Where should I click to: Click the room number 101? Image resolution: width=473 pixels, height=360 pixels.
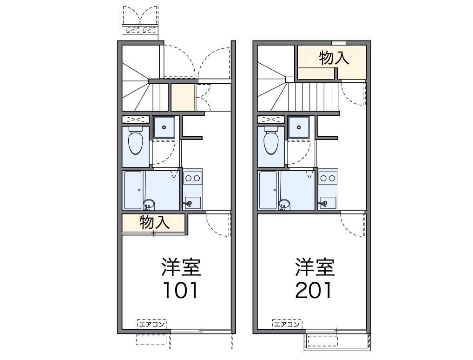click(180, 290)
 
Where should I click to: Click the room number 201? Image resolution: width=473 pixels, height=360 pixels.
click(314, 290)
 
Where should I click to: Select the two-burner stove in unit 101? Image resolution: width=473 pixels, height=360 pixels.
click(193, 178)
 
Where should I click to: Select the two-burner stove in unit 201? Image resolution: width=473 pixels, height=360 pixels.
click(328, 178)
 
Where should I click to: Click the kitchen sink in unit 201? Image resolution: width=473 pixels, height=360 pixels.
click(328, 203)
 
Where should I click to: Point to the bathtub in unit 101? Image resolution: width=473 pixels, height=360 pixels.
click(133, 190)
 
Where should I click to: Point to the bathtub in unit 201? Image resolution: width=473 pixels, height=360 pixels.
click(268, 190)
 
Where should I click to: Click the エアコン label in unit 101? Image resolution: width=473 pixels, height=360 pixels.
click(152, 325)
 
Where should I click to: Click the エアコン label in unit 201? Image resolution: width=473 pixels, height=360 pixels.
click(287, 325)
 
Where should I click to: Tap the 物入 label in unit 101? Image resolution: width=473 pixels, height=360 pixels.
click(154, 223)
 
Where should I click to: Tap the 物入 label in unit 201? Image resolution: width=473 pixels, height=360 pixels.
click(334, 58)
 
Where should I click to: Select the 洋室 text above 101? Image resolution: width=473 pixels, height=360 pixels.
click(181, 267)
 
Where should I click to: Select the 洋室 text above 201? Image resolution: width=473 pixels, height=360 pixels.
click(315, 267)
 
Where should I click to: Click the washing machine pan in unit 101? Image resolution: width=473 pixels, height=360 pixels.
click(164, 127)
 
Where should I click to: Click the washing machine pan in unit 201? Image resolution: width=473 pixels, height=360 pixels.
click(299, 127)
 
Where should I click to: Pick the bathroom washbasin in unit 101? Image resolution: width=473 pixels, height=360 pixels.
click(148, 204)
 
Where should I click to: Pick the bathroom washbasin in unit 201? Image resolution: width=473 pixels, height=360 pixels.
click(284, 204)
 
